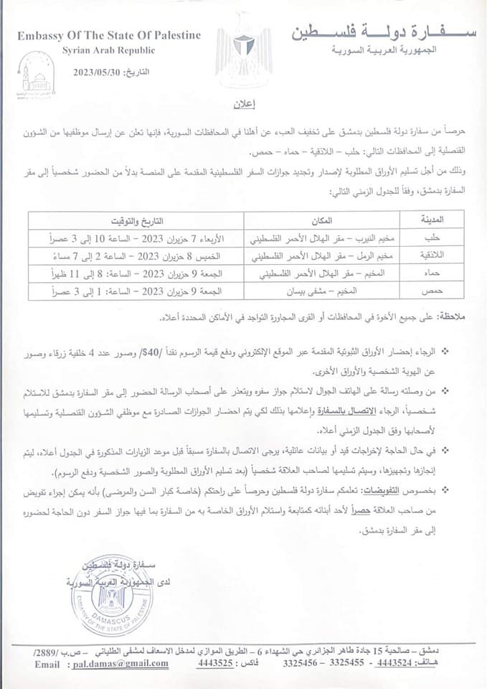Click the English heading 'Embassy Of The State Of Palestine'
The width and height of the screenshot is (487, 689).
(108, 36)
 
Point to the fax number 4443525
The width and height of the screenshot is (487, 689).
(216, 664)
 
